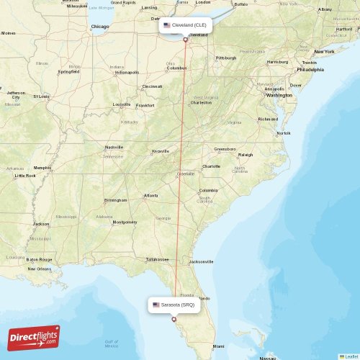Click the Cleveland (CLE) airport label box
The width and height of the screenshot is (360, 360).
pos(185,25)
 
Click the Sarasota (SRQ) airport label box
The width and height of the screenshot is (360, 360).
pos(174,305)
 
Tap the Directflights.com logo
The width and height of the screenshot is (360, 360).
pos(34,338)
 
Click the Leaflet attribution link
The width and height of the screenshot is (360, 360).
pos(350,356)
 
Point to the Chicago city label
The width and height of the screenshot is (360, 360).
pos(100,27)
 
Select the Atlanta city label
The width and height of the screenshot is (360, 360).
pos(151,196)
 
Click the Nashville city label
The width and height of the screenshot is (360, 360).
pos(114,148)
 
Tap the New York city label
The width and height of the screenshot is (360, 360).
pos(324,52)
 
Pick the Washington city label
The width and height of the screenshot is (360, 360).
pos(279,95)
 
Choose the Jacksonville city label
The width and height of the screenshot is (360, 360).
pos(201,261)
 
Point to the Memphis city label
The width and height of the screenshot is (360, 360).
pos(42,168)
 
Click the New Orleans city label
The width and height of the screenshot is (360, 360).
pos(40,269)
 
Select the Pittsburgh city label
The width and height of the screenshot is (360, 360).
pos(226,58)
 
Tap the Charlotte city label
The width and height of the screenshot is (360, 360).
pos(211,166)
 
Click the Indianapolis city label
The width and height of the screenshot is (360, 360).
pos(127,72)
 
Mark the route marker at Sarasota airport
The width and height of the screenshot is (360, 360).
pos(174,319)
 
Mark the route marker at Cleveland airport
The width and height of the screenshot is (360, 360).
pos(185,40)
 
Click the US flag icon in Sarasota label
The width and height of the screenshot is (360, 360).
pos(156,305)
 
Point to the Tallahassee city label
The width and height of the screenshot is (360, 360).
pos(157,259)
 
